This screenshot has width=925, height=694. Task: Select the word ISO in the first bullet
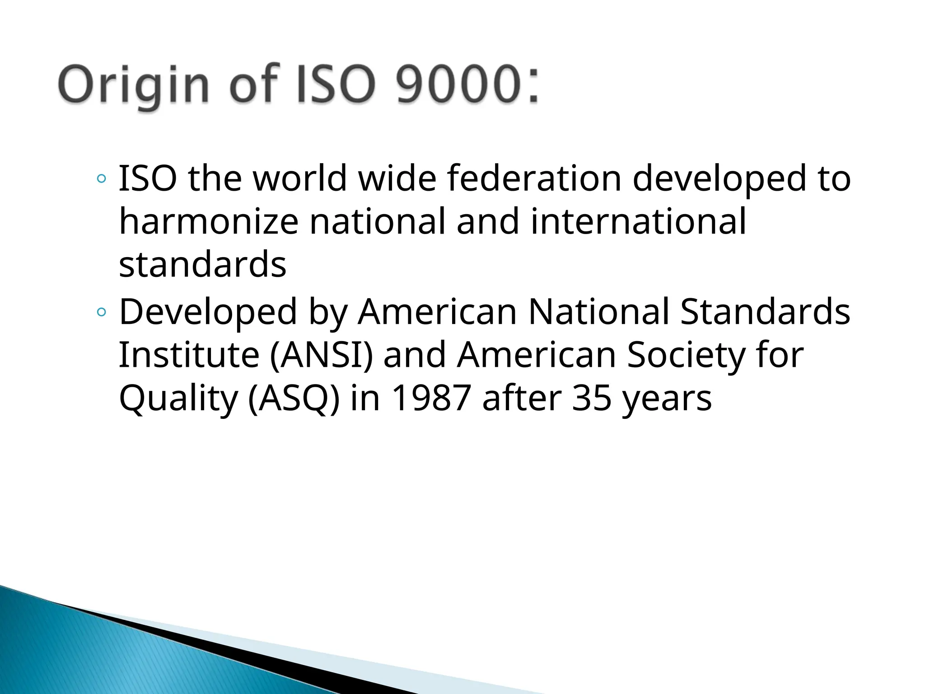[x=147, y=178]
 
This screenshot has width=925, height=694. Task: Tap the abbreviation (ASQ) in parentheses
[x=294, y=398]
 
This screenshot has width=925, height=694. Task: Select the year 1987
[x=431, y=398]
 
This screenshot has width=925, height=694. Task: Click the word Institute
[x=189, y=355]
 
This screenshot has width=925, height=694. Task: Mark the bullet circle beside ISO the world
[x=102, y=179]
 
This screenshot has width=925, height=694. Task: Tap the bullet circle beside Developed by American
[x=102, y=312]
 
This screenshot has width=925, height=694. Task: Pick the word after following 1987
[x=521, y=398]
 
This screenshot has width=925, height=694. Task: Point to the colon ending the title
[x=533, y=88]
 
